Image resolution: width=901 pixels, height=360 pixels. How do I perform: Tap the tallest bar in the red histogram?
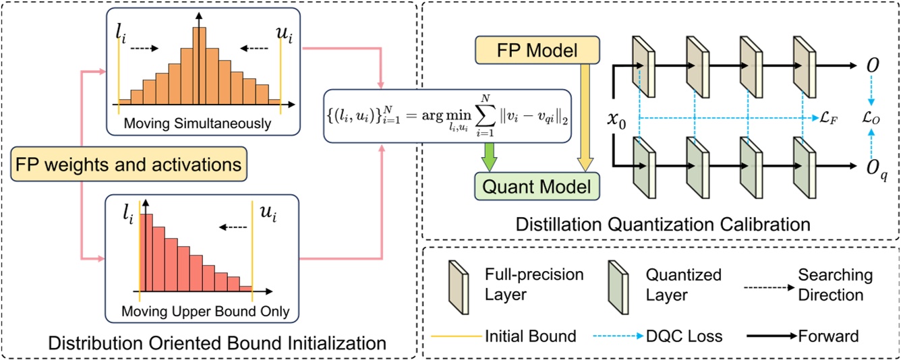click(146, 257)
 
